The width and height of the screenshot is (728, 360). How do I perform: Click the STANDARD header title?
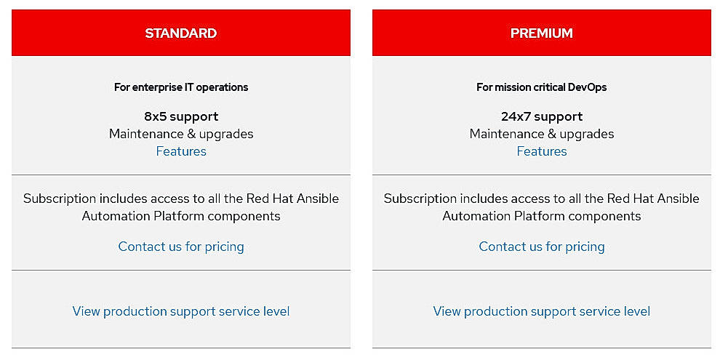point(180,33)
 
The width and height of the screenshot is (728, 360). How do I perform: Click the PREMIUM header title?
point(541,33)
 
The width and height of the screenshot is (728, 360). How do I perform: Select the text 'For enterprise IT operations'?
point(181,87)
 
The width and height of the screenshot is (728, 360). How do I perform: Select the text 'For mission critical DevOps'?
point(541,87)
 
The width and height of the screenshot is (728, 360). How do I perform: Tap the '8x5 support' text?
point(181,116)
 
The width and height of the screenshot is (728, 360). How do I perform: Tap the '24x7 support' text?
point(541,116)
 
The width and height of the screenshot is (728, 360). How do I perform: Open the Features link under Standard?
point(181,151)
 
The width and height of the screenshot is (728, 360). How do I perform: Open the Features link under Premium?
point(541,151)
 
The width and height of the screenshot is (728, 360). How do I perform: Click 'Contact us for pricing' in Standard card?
point(181,247)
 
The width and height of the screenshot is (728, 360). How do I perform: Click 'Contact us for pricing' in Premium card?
point(541,247)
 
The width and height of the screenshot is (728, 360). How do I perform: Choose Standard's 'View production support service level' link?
point(181,311)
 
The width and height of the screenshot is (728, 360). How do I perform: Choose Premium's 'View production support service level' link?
point(541,311)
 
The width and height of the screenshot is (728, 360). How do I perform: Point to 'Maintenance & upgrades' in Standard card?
point(181,134)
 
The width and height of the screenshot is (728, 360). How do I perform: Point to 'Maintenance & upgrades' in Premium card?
point(541,134)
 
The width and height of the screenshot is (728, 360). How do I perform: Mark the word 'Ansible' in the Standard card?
point(317,199)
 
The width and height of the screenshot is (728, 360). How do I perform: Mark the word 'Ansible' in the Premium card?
point(678,199)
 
